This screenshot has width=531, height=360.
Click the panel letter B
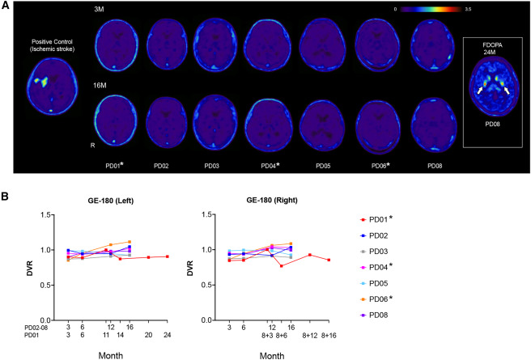click(x=6, y=197)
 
